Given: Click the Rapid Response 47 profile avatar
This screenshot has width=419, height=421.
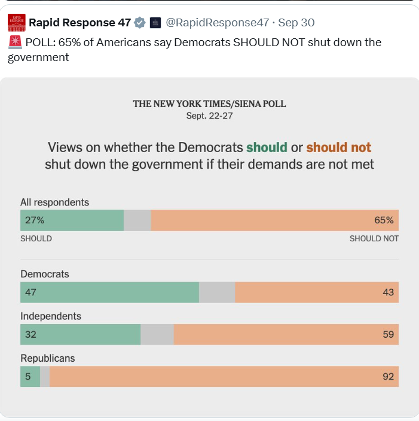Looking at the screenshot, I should click(x=17, y=23).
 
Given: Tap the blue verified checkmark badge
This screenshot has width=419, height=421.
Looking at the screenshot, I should click(x=139, y=23).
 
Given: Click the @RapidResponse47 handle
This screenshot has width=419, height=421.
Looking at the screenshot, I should click(x=218, y=23).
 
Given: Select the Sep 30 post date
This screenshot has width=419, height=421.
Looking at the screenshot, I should click(x=296, y=23).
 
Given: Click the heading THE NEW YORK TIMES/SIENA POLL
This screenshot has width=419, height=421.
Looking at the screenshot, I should click(x=209, y=104).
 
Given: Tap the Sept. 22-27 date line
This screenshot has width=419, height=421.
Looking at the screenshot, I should click(x=209, y=116).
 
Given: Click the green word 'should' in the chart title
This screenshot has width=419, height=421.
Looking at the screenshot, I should click(x=267, y=147).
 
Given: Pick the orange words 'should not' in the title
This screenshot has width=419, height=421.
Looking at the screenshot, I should click(x=339, y=147).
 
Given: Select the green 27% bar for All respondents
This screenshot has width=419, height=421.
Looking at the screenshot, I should click(x=72, y=220).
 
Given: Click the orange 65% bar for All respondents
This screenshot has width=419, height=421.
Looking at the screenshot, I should click(x=275, y=220).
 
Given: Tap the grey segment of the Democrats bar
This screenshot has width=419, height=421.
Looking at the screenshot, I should click(x=217, y=292).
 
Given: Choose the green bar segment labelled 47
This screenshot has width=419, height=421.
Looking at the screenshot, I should click(x=109, y=292).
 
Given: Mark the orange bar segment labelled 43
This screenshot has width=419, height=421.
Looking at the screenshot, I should click(x=317, y=292).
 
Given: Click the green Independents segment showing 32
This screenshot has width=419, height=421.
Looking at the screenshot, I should click(x=81, y=334).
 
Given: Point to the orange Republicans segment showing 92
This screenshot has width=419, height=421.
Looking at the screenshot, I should click(x=224, y=377).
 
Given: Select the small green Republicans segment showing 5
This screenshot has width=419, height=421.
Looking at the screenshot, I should click(x=30, y=377).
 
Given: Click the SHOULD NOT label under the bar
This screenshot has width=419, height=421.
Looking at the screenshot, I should click(x=374, y=238).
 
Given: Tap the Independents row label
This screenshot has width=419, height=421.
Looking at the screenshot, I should click(x=51, y=316).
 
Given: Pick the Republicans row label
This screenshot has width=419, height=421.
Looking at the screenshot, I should click(x=48, y=358).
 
